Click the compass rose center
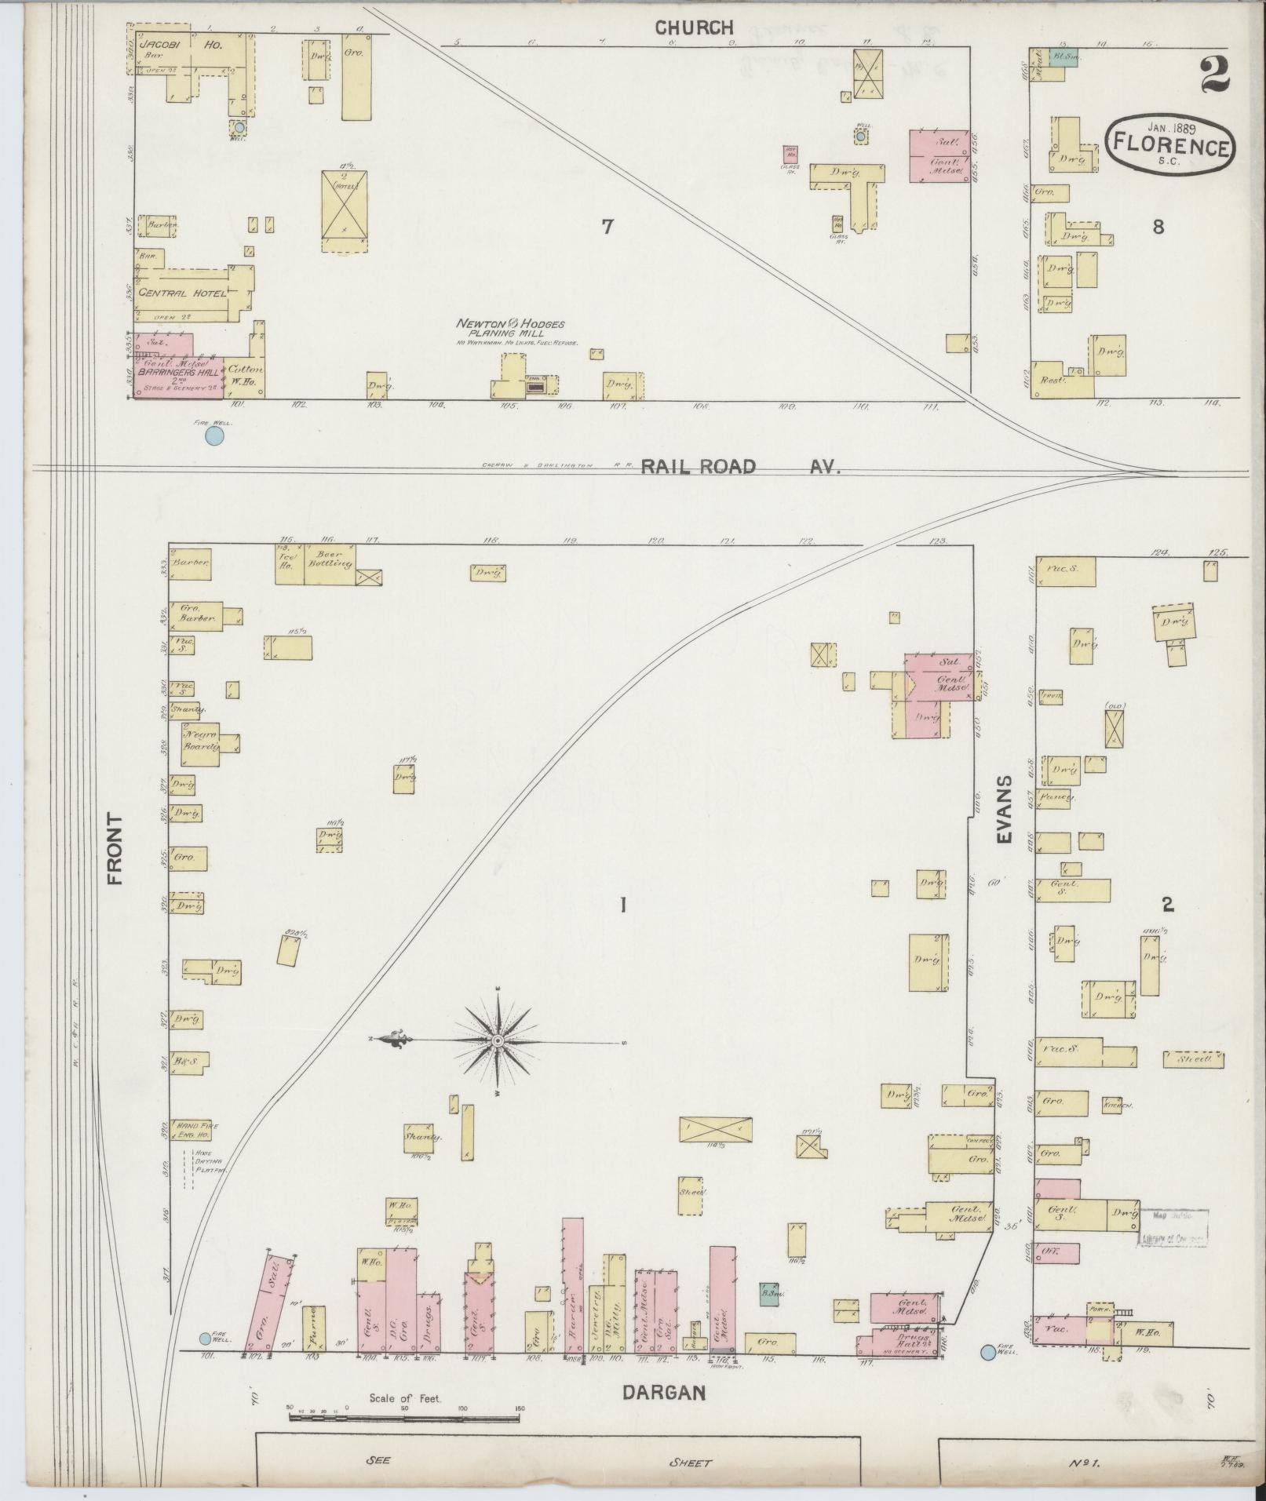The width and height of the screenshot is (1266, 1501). (498, 1041)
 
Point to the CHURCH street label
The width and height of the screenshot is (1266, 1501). (694, 28)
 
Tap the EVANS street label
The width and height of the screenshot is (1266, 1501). (1005, 811)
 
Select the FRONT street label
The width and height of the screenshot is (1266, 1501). (116, 849)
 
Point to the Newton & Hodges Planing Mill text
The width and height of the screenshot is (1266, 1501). (512, 329)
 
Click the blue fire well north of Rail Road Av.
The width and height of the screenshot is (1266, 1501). (213, 435)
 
